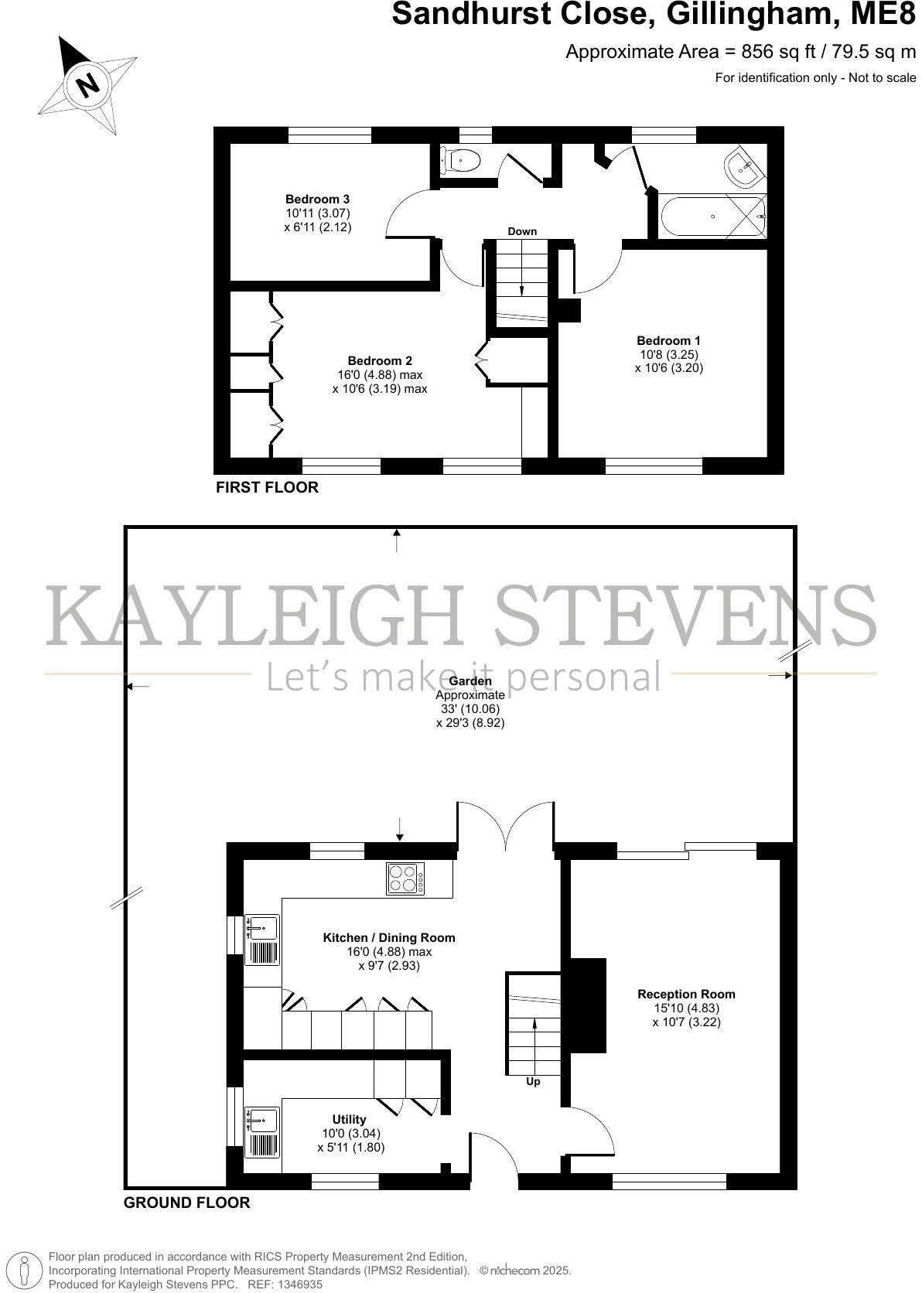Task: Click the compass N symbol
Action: point(89,83)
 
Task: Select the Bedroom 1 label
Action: point(668,340)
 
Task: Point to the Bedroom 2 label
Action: point(379,360)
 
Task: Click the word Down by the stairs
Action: point(522,231)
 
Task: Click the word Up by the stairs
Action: point(533,1082)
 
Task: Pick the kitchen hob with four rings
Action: point(405,878)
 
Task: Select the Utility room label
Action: point(349,1119)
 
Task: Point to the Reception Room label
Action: point(686,994)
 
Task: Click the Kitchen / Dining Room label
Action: point(388,938)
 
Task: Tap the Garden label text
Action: point(470,681)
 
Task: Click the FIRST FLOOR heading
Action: point(267,487)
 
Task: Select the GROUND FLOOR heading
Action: point(186,1203)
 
